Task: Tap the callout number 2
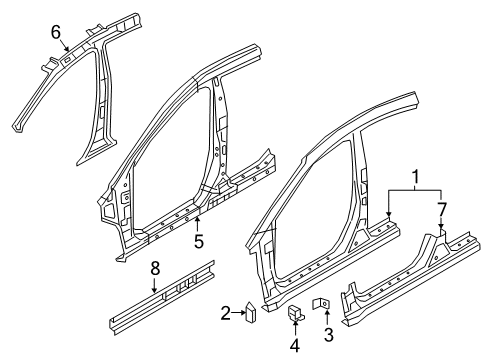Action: click(x=226, y=314)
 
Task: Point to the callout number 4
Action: click(x=294, y=346)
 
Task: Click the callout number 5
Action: click(x=198, y=240)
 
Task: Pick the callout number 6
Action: click(x=56, y=33)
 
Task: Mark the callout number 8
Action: click(x=154, y=268)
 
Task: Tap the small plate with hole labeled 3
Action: click(x=326, y=304)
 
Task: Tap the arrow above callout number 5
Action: click(x=198, y=224)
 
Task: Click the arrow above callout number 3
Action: click(x=328, y=317)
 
